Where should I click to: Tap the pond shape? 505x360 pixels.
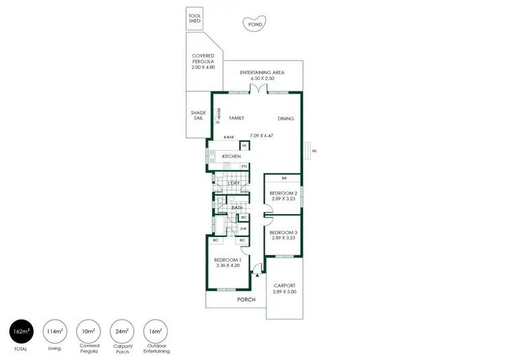pos(255,24)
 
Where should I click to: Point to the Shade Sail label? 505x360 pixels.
pos(198,116)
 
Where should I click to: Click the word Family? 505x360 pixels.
pos(236,118)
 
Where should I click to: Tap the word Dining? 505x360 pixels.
pos(285,118)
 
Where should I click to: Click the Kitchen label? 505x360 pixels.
pos(231,156)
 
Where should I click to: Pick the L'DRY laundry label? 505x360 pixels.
pos(234,184)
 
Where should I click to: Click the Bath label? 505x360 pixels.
pos(237,208)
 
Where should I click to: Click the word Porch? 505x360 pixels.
pos(246,299)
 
